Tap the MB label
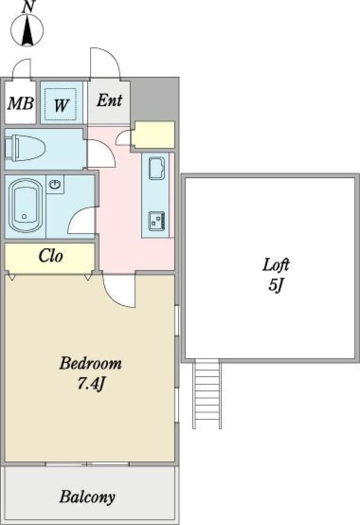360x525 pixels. click(20, 103)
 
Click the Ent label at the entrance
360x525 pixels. click(109, 100)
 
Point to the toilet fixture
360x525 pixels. click(25, 148)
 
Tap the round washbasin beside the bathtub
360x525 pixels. click(55, 184)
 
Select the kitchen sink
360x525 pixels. click(157, 168)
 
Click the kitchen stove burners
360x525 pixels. click(157, 221)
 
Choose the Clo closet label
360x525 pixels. click(51, 255)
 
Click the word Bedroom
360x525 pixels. click(91, 363)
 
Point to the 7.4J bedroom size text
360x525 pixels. click(91, 384)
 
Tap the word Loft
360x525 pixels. click(276, 264)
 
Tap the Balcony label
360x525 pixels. click(87, 496)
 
